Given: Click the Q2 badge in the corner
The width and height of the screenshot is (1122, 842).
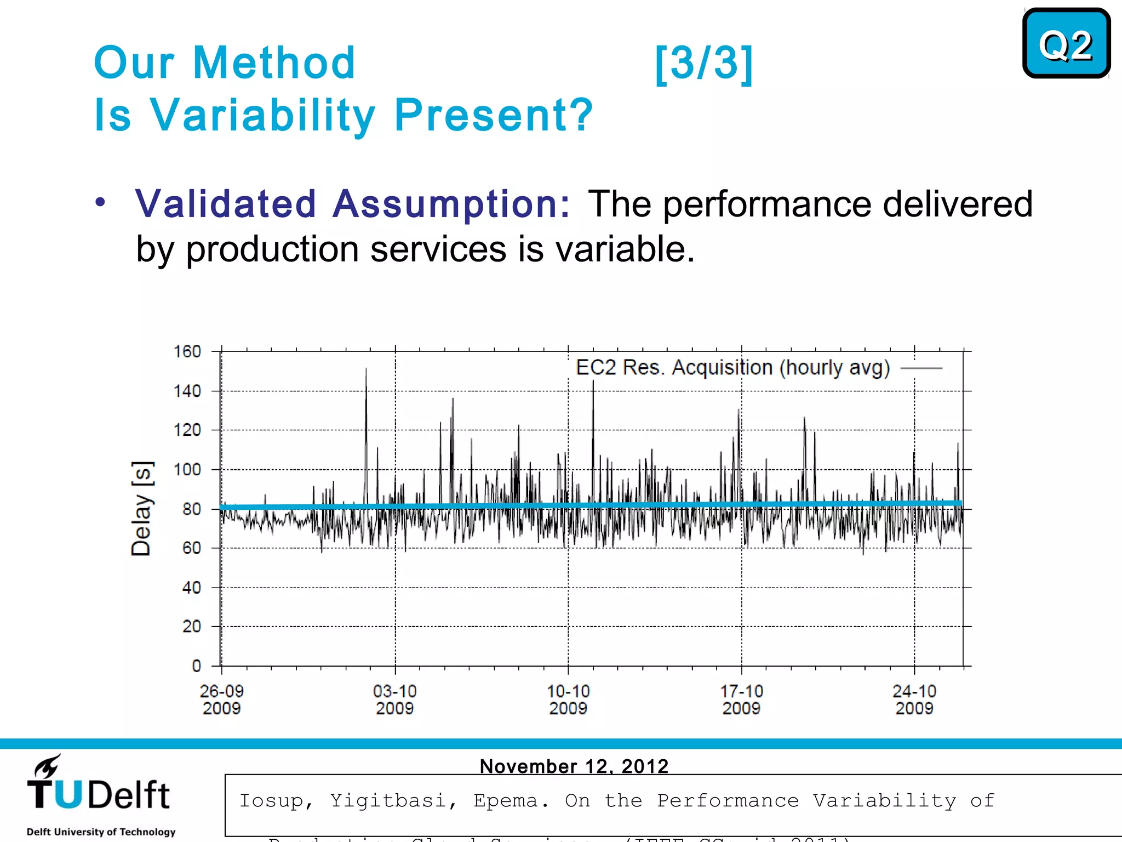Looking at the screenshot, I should tap(1066, 44).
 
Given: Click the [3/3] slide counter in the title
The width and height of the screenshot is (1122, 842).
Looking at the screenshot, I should tap(703, 64).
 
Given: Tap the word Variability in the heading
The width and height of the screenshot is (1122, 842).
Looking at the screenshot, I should tap(262, 115).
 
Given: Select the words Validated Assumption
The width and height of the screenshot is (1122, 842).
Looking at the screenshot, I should tap(353, 204).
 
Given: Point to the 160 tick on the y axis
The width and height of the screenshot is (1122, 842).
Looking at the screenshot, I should tap(187, 351).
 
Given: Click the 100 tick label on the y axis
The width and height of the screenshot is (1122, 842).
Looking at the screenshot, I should tap(187, 470).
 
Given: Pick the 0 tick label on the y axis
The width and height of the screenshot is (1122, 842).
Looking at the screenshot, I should tap(196, 666).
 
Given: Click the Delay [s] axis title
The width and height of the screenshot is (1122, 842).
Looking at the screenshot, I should tap(142, 509).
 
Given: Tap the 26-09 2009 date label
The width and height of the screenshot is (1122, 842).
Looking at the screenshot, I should tap(221, 699).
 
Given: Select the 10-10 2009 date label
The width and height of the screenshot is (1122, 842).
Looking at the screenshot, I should tap(568, 699).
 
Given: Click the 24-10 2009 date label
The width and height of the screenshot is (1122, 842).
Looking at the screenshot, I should tap(914, 699).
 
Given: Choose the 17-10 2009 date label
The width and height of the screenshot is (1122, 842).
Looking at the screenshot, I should tap(741, 699).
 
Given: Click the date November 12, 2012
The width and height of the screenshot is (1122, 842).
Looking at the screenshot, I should tap(574, 766).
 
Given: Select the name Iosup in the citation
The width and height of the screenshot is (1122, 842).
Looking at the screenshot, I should tap(271, 801).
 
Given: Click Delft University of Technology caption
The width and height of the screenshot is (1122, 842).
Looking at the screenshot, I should tap(101, 832).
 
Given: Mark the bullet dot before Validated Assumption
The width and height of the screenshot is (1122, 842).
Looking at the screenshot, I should tap(100, 202).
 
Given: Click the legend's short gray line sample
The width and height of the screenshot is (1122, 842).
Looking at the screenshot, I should tap(921, 368).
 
